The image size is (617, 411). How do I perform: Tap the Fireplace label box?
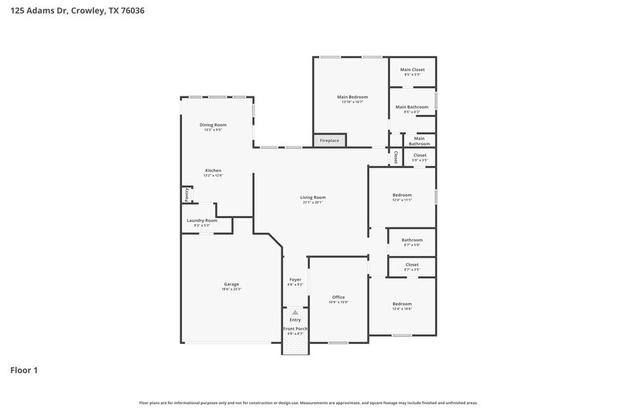(x=329, y=140)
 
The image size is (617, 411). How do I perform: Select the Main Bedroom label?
(x=352, y=97)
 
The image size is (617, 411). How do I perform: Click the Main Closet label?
(x=412, y=70)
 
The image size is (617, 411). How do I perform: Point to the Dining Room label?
(x=213, y=125)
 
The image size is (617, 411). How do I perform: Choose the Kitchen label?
(x=213, y=170)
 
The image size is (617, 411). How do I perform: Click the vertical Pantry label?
(x=186, y=194)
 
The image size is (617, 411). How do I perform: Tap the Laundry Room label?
(x=202, y=221)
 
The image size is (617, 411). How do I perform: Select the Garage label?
(x=231, y=284)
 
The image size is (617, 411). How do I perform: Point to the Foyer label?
(x=295, y=279)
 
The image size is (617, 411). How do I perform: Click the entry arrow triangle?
(x=295, y=312)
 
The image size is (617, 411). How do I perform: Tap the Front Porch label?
(x=295, y=328)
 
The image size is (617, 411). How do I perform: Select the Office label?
(x=339, y=297)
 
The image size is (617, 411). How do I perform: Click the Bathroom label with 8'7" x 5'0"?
(x=412, y=240)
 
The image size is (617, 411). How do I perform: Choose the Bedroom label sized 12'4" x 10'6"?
(x=402, y=304)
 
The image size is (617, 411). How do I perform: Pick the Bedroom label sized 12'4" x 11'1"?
(x=402, y=195)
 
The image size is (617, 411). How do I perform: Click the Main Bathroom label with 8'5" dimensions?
(x=412, y=107)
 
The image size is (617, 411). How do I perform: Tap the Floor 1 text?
(x=24, y=370)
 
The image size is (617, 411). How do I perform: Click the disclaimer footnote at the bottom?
(x=308, y=403)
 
